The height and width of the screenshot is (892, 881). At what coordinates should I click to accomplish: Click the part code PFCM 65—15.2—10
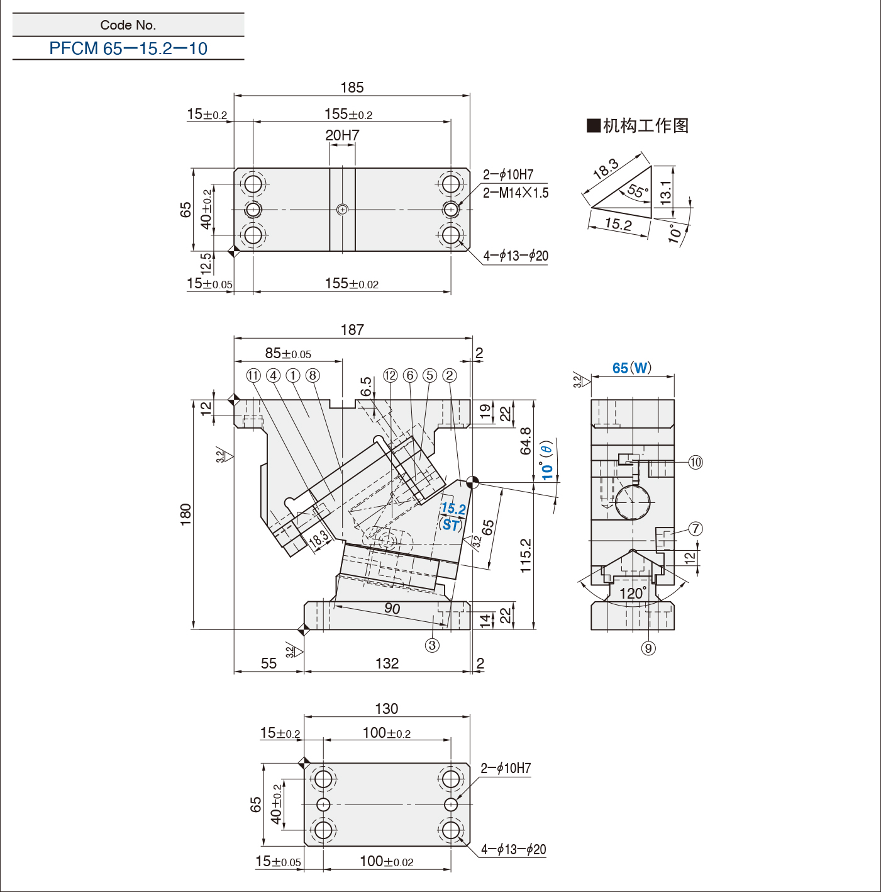tap(128, 48)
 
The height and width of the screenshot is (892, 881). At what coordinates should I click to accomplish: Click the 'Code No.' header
tap(128, 25)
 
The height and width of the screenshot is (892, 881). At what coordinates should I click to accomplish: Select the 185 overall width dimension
tap(352, 88)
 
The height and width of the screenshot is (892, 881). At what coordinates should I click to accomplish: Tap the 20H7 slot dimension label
tap(342, 135)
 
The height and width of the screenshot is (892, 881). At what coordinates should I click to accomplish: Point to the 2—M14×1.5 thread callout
tap(516, 193)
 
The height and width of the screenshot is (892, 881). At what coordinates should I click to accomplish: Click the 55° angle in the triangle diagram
tap(638, 191)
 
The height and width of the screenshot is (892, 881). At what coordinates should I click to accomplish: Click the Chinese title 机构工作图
tap(645, 125)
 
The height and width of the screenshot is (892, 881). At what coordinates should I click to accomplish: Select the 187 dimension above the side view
tap(352, 330)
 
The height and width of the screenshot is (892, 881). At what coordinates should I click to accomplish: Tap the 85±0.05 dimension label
tap(288, 354)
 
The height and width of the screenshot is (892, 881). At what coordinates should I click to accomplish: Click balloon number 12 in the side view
tap(391, 376)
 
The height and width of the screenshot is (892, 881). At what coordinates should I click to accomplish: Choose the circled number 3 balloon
tap(432, 645)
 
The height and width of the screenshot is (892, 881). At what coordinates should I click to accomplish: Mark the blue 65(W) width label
tap(632, 368)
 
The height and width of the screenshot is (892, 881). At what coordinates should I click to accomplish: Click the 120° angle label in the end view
tap(633, 594)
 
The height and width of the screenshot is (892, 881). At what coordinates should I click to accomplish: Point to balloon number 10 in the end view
tap(695, 463)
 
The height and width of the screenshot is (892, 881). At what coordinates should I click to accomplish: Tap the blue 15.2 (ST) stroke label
tap(452, 516)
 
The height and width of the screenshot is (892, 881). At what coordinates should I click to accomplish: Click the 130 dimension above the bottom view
tap(387, 709)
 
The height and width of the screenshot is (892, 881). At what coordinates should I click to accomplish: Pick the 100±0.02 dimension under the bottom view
tap(387, 861)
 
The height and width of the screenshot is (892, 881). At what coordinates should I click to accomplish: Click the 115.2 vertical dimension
tap(526, 555)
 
